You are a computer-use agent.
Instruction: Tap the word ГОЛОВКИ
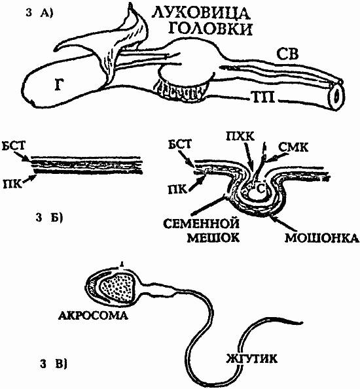pos(210,29)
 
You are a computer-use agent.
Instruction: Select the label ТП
pos(264,97)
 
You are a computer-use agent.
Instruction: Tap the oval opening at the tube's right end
pos(336,96)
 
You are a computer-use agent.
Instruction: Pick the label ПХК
pos(240,137)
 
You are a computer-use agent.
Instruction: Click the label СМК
pos(293,148)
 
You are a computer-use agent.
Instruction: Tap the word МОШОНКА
pos(322,239)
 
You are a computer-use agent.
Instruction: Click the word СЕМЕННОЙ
pos(201,224)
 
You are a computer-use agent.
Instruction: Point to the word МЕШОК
pos(213,238)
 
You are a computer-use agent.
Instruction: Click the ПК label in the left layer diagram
pos(11,185)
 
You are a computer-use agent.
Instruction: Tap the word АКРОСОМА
pos(93,316)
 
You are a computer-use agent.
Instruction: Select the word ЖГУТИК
pos(251,359)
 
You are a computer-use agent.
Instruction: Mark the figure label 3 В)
pos(53,364)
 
